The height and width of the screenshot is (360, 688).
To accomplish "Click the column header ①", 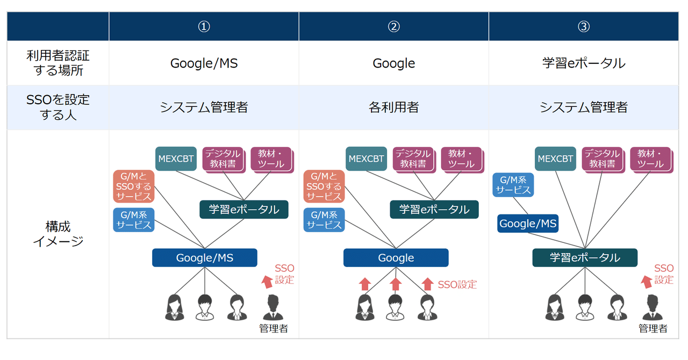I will click(x=204, y=26).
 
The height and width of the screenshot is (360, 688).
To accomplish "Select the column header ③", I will click(x=583, y=26).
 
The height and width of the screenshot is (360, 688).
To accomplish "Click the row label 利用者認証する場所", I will click(x=58, y=63).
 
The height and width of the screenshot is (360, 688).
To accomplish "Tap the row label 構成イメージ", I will click(x=58, y=234).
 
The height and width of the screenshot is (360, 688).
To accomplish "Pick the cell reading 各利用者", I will click(x=393, y=107).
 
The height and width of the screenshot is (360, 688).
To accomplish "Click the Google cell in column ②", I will click(x=393, y=63).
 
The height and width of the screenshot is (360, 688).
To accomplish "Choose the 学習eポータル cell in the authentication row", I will click(x=583, y=63).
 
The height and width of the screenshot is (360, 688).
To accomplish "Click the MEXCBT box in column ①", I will click(x=176, y=159).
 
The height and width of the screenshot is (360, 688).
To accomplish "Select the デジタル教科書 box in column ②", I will click(x=413, y=159).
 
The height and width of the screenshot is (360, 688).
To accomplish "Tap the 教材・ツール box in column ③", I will click(x=650, y=159).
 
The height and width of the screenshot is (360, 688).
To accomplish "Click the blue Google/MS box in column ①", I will click(x=204, y=258).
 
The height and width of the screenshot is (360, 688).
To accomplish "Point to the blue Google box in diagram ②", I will click(x=396, y=258).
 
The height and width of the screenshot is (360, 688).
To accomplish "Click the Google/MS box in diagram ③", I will click(x=528, y=224).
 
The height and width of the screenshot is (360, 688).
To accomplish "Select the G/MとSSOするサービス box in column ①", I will click(x=133, y=186).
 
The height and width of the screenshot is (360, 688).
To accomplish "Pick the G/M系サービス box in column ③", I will click(x=513, y=185).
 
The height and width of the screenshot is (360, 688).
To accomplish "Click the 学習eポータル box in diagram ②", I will click(x=434, y=210).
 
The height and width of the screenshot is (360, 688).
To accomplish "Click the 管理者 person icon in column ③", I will click(x=653, y=308).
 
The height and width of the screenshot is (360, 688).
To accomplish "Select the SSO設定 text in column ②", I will click(x=457, y=285).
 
